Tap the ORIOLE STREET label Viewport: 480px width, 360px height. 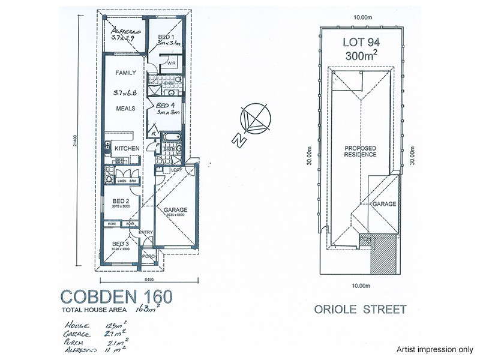tap(360, 310)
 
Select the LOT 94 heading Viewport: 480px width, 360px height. tap(361, 43)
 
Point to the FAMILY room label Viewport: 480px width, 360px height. tap(125, 73)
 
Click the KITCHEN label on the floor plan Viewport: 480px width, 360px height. tap(127, 148)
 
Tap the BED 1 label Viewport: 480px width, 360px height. tap(166, 37)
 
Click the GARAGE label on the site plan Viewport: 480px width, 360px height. tap(385, 204)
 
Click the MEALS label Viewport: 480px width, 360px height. tap(125, 109)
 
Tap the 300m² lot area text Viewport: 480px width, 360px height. tap(361, 56)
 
